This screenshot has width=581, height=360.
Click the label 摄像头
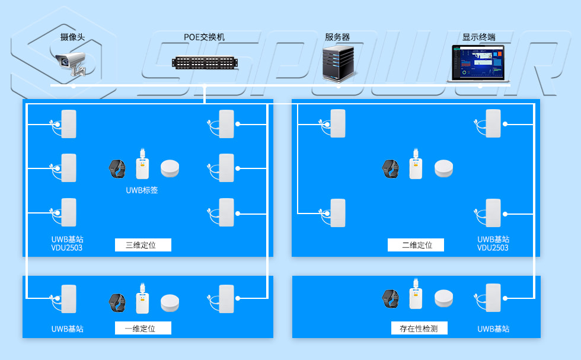(x=72, y=37)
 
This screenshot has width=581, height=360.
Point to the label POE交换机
(x=204, y=37)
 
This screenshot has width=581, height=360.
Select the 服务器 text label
(x=337, y=37)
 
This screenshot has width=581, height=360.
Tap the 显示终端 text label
(x=478, y=37)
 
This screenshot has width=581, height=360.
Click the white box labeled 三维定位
(x=143, y=245)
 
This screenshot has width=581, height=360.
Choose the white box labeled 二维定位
(x=416, y=245)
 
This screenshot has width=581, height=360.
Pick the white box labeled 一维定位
(x=143, y=328)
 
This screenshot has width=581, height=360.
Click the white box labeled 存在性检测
(x=419, y=328)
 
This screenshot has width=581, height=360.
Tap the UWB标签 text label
(x=142, y=190)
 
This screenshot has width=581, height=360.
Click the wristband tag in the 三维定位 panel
(x=117, y=168)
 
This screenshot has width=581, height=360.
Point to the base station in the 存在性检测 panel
(x=493, y=298)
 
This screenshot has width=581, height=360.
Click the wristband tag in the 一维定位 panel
(x=117, y=302)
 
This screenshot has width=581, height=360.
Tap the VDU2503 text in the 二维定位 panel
(x=493, y=248)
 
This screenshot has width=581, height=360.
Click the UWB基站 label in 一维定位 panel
(x=67, y=329)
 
